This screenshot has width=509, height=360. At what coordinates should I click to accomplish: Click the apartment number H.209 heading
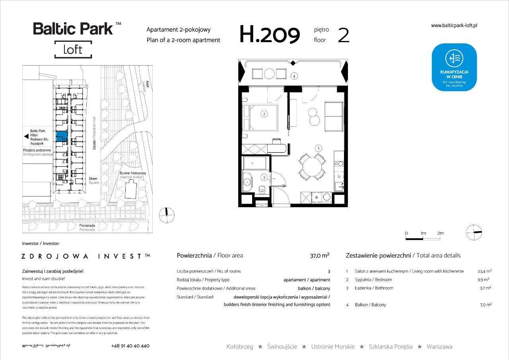tap(269, 35)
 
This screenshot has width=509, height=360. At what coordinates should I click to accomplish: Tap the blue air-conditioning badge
tap(455, 67)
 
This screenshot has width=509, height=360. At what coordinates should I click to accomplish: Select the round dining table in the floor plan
tap(311, 165)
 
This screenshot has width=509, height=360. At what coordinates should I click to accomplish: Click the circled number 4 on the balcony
tap(293, 76)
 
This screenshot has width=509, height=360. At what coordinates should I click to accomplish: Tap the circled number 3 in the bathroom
tap(264, 177)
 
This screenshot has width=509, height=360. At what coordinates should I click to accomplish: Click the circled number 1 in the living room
tap(318, 148)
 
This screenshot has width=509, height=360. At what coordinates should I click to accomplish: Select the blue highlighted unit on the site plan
tap(62, 136)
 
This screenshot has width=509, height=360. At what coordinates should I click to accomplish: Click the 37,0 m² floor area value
tap(319, 256)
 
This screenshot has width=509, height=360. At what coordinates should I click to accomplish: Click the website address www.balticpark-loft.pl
tap(454, 25)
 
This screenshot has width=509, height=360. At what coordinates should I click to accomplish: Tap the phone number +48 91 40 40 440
tap(130, 346)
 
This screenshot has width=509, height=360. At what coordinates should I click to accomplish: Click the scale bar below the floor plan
tap(423, 239)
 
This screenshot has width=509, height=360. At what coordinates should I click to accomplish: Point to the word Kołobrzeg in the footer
tap(239, 346)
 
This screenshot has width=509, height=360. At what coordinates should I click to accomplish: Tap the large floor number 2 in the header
tap(343, 35)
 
